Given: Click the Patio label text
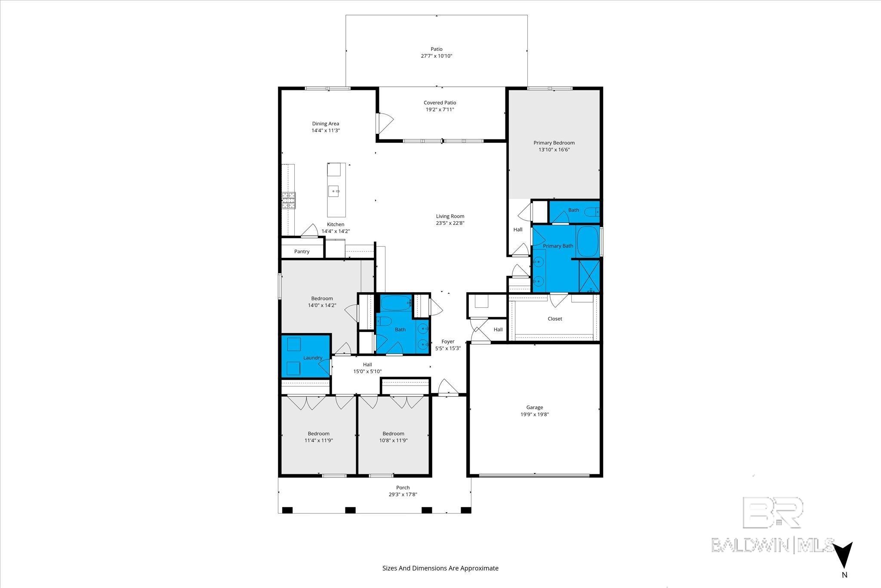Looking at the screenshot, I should (436, 49).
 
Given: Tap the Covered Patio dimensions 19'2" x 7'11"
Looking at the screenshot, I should (440, 110).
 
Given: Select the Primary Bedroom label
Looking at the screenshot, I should (554, 143).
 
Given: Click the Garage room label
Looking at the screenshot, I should (534, 407).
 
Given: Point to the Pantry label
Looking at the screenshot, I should (302, 251).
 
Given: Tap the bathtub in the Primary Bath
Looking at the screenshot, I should (588, 241).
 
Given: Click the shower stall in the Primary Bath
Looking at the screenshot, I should (589, 275).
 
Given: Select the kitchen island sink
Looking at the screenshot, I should (334, 190).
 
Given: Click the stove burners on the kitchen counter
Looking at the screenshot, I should (289, 200).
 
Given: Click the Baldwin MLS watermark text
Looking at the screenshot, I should (773, 545).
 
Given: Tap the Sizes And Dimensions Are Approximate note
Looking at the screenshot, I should (440, 568).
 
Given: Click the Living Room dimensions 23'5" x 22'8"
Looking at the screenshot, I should (450, 223).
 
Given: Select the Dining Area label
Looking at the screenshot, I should (325, 124).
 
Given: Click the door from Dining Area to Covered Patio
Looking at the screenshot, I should (383, 124).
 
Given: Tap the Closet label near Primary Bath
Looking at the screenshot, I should (554, 319).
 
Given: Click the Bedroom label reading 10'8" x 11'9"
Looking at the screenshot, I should (393, 440).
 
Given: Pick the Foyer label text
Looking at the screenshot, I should (448, 342).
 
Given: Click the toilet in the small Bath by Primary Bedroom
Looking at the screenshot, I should (595, 212).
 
